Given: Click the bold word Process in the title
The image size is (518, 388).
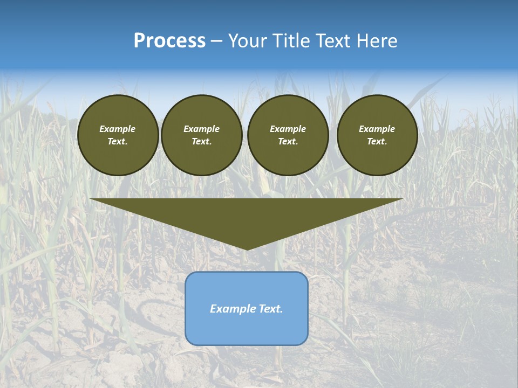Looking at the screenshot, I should coord(169,41).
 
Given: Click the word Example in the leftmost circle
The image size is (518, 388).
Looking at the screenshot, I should coord(118,129).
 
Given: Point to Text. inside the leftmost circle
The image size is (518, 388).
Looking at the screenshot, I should coord(118,141).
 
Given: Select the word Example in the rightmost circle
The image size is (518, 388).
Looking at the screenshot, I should coord(377,129).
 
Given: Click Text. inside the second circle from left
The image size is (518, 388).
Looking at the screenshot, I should coord(201,141).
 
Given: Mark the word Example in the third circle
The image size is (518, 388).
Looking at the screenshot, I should coord(288,129).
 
